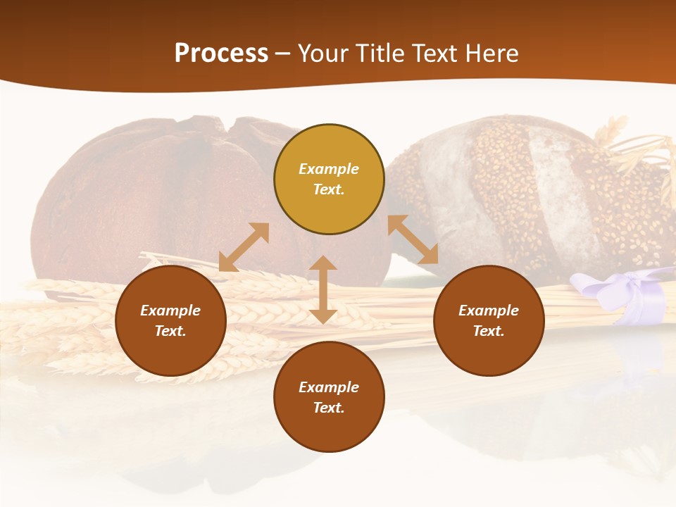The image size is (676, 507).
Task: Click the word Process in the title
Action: [x=221, y=54]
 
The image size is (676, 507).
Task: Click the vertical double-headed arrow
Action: [x=323, y=289]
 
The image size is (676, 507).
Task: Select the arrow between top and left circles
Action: [x=244, y=246]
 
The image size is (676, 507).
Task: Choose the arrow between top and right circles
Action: [x=413, y=239]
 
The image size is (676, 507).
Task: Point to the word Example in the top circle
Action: [x=329, y=169]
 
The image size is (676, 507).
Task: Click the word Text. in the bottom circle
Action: [x=329, y=408]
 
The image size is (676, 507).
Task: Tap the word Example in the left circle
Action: [x=170, y=311]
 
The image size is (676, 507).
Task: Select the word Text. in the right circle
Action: [x=489, y=331]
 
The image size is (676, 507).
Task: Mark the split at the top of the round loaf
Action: [x=227, y=127]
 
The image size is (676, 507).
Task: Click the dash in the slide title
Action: [x=283, y=54]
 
